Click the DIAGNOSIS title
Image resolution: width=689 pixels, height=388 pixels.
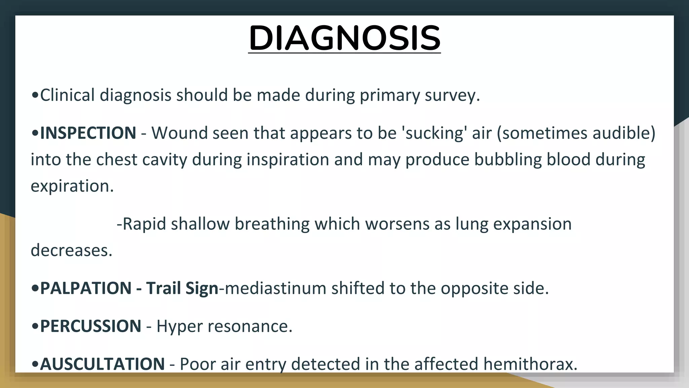tap(344, 38)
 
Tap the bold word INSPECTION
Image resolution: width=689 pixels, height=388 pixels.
tap(88, 133)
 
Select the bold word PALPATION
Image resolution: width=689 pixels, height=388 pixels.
tap(86, 288)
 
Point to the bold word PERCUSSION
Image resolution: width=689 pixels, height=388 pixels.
tap(90, 326)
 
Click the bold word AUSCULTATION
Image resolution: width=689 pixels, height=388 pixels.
tap(102, 364)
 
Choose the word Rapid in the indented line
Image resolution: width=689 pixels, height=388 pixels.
tap(144, 224)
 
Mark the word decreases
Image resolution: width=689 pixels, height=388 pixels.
tap(71, 250)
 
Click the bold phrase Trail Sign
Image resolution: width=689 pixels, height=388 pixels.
tap(182, 288)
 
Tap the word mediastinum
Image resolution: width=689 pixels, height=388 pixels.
tap(275, 288)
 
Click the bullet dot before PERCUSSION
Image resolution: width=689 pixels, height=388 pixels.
tap(35, 326)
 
